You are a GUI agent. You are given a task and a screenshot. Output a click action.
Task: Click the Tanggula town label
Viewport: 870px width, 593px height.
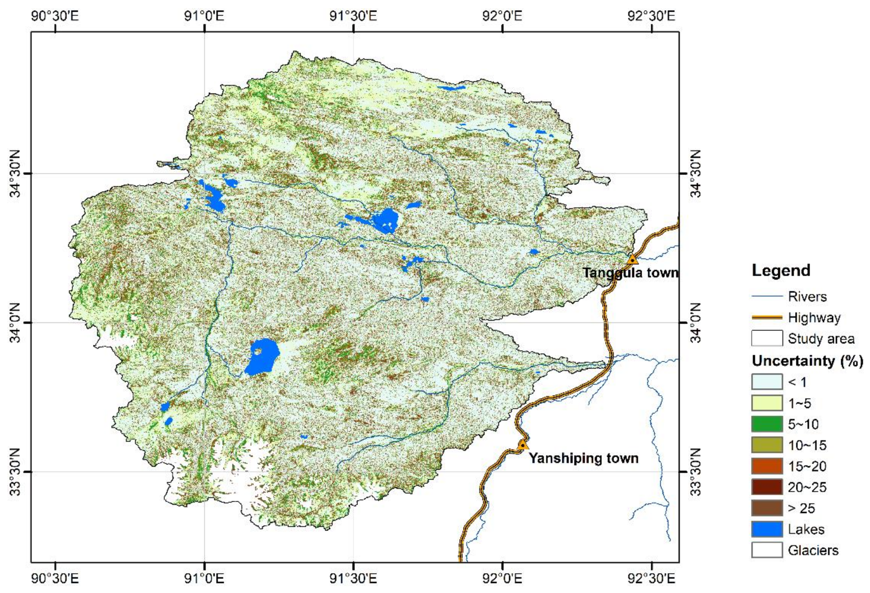coord(630,272)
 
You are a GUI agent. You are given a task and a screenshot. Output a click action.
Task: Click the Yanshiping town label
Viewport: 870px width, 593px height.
coord(583,458)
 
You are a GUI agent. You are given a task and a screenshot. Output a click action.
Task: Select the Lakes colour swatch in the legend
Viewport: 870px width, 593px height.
coord(767,529)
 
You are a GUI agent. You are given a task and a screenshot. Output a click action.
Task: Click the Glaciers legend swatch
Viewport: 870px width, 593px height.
coord(767,550)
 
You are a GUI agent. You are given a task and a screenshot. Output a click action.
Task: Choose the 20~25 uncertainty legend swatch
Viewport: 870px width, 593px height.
coord(767,487)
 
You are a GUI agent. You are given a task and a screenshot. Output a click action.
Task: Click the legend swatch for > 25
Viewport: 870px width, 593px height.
coord(767,508)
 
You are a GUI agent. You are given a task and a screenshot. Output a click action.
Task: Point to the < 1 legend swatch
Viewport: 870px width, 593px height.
coord(767,382)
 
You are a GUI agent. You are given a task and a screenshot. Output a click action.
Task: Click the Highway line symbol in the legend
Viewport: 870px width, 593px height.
coord(767,318)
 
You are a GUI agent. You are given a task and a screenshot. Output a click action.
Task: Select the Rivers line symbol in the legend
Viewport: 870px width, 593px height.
coord(767,296)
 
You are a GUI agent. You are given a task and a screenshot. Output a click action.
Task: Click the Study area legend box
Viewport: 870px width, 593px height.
coord(767,338)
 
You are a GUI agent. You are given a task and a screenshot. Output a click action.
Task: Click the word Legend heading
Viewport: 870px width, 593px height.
coord(781,270)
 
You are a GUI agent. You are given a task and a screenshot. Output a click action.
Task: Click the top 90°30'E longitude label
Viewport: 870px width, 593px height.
coord(55,16)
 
